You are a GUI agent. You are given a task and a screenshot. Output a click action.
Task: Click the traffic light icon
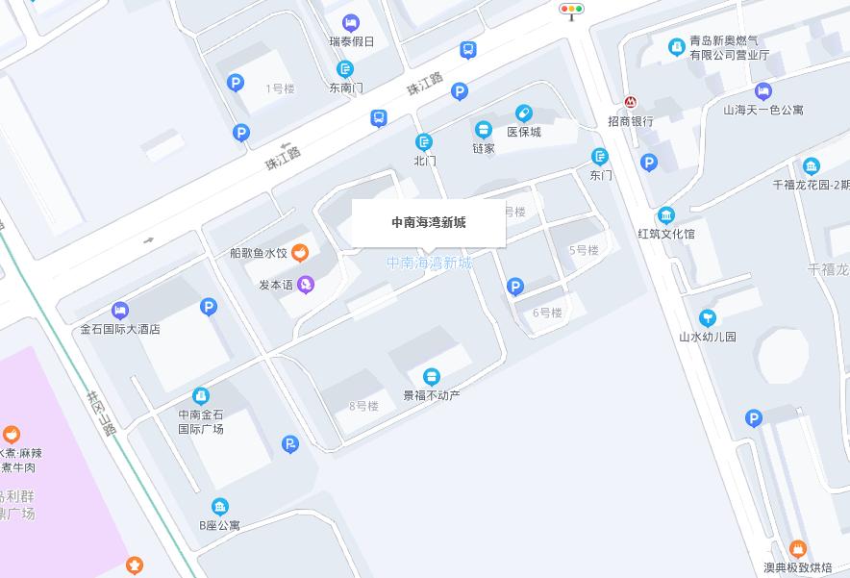(571, 11)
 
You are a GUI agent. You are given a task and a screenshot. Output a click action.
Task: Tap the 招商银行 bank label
(631, 121)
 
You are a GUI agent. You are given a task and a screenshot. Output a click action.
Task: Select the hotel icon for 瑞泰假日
(351, 23)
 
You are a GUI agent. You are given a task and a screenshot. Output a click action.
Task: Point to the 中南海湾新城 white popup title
(428, 222)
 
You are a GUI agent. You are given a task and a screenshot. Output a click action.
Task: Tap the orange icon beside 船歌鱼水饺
(300, 253)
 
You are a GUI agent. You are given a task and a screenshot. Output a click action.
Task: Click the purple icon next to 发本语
(306, 284)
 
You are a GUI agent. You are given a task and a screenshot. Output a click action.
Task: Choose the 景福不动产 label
(432, 395)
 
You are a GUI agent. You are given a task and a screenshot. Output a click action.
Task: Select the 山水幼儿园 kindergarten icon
(708, 317)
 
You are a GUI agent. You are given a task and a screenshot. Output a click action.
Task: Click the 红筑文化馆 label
(665, 234)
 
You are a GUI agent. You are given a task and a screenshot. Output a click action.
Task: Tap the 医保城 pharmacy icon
(524, 113)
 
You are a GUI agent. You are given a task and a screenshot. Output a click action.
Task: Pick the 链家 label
(484, 148)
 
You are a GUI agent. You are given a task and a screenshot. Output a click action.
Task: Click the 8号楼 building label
(363, 406)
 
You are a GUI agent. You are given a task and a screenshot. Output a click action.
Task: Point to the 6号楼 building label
(547, 313)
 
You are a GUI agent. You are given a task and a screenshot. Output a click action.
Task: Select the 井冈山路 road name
(101, 413)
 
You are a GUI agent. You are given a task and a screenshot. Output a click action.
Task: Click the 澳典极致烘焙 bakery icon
(797, 550)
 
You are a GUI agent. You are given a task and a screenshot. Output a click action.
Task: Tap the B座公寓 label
(219, 525)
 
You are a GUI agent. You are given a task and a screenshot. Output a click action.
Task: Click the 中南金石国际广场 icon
(201, 395)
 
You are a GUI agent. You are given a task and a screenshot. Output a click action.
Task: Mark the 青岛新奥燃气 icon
(677, 46)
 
